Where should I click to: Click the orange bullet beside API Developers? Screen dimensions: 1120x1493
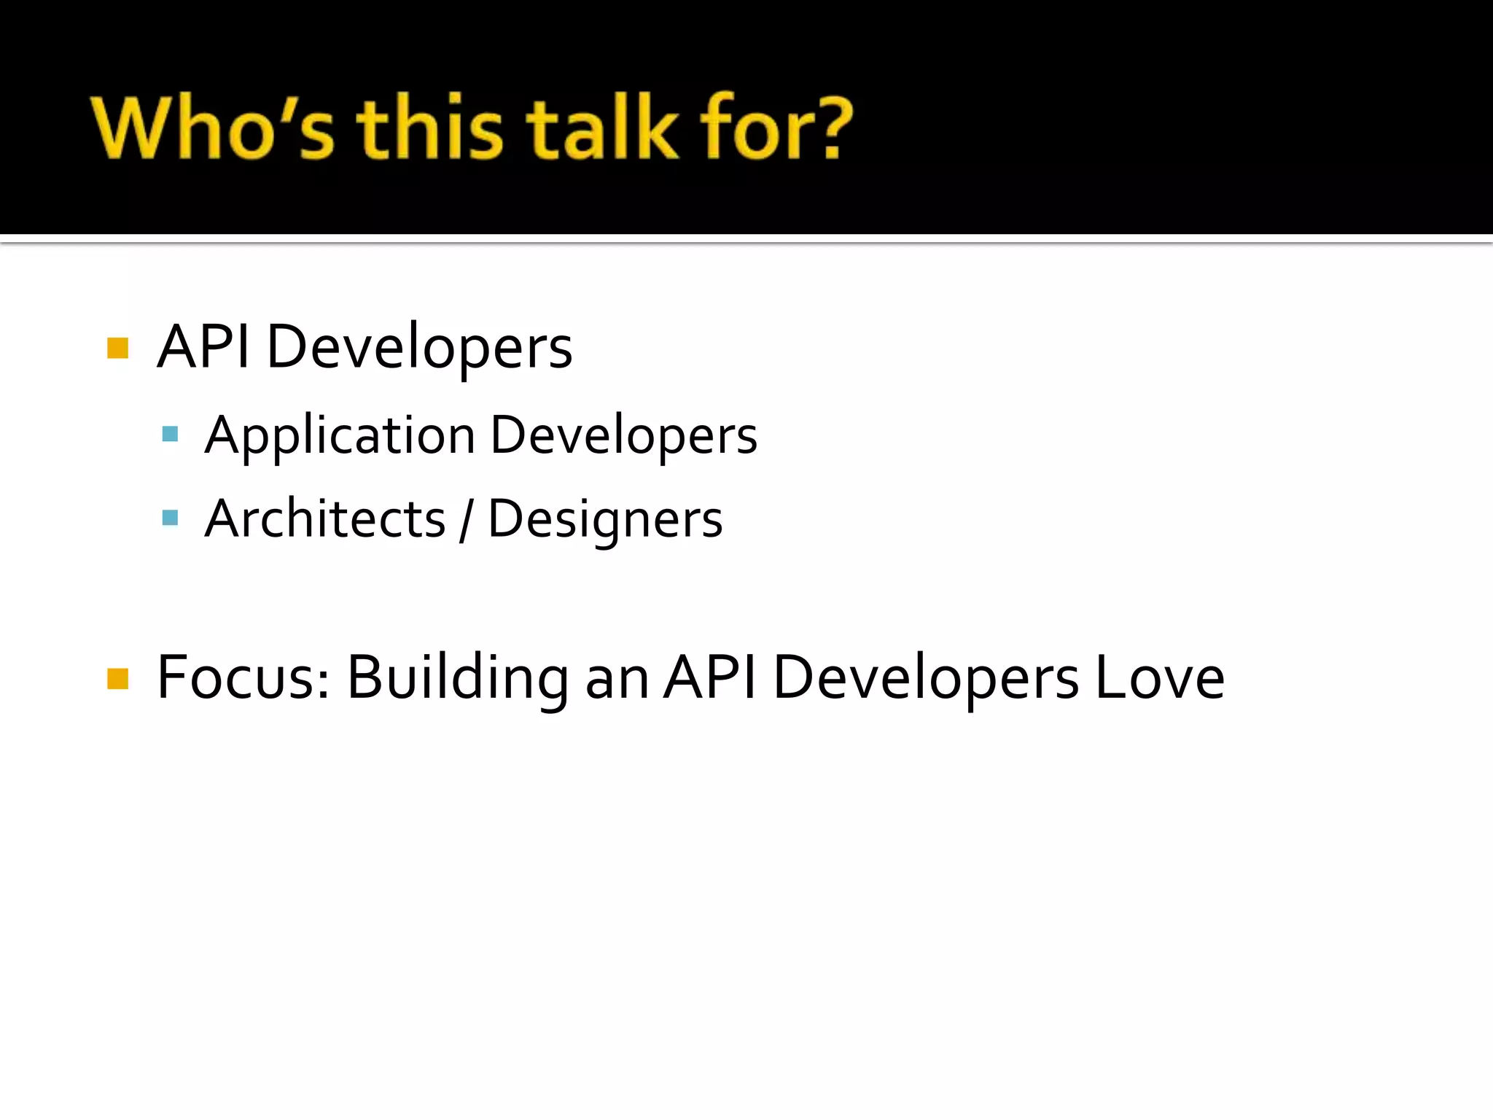pyautogui.click(x=117, y=348)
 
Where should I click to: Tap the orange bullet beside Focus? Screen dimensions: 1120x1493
pyautogui.click(x=117, y=679)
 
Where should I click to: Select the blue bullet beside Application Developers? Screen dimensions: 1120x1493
pyautogui.click(x=171, y=435)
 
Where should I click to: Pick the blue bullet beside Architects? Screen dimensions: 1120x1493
pyautogui.click(x=171, y=518)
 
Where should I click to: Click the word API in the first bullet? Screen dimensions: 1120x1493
pyautogui.click(x=203, y=346)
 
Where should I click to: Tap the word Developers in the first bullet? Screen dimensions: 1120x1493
pyautogui.click(x=419, y=348)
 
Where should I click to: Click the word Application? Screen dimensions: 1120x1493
pyautogui.click(x=340, y=436)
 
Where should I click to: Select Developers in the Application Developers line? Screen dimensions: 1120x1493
pyautogui.click(x=623, y=436)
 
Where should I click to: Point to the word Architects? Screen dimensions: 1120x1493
pyautogui.click(x=325, y=519)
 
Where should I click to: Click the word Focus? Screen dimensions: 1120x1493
pyautogui.click(x=243, y=678)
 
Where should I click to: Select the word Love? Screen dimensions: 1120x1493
pyautogui.click(x=1159, y=678)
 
